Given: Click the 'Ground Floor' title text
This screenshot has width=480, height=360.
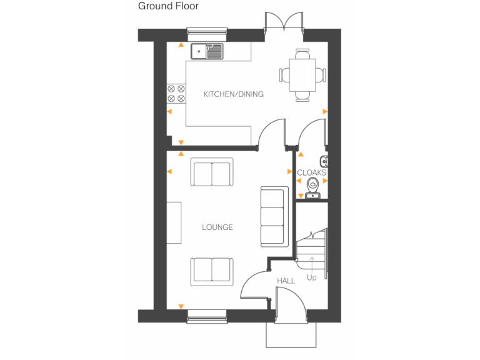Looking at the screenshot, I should [x=168, y=6].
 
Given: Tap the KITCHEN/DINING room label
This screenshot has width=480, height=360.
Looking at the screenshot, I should [x=234, y=94].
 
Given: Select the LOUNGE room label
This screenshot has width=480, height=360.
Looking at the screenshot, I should [x=217, y=227].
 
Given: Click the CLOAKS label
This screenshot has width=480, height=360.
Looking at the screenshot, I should [x=311, y=172].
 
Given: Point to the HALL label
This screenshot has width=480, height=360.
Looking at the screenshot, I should [x=286, y=281].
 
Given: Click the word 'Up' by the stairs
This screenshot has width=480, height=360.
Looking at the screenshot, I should [x=311, y=277].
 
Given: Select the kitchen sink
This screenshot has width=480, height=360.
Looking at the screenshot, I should [x=207, y=51].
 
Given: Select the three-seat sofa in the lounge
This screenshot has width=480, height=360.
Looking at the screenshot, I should [x=271, y=216].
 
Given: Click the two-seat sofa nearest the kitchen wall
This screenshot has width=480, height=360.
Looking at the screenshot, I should [x=212, y=173].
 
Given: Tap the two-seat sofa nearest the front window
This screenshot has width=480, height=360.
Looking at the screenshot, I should [x=211, y=270].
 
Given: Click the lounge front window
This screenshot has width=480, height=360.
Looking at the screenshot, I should [x=207, y=316].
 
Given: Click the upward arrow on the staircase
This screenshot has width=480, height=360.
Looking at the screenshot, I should [x=311, y=262].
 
